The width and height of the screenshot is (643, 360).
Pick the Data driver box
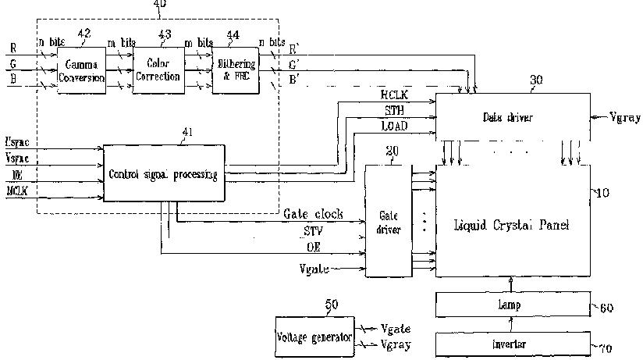point(510,116)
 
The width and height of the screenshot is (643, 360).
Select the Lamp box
point(508,305)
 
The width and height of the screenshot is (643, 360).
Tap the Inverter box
point(508,344)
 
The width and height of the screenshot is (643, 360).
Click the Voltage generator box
point(314,337)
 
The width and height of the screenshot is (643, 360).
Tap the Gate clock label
point(311,213)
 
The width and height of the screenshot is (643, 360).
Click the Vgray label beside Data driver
point(624,118)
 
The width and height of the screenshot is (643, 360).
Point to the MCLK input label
point(16,191)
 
